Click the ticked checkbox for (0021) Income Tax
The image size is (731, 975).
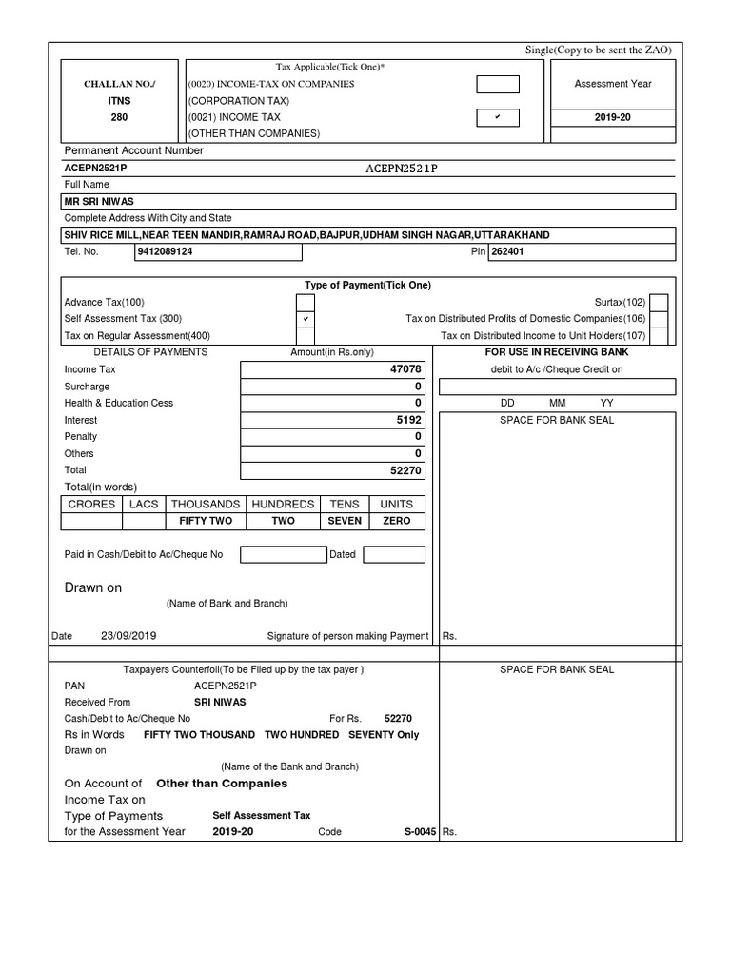coord(498,117)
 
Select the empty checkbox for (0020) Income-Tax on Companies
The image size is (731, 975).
coord(498,84)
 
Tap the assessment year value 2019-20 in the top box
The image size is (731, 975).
coord(613,117)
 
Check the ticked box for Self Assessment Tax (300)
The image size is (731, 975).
coord(306,319)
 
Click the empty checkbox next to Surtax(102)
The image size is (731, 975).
coord(659,302)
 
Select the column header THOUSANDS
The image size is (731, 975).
coord(205,504)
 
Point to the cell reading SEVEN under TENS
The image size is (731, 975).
coord(345,521)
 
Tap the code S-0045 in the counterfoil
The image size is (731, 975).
coord(420,831)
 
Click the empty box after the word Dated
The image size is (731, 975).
coord(394,554)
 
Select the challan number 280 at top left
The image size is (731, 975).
coord(120,117)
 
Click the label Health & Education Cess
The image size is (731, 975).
coord(119,403)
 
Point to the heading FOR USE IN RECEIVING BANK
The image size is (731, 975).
coord(557,352)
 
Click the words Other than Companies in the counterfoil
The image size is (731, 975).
coord(221,784)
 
